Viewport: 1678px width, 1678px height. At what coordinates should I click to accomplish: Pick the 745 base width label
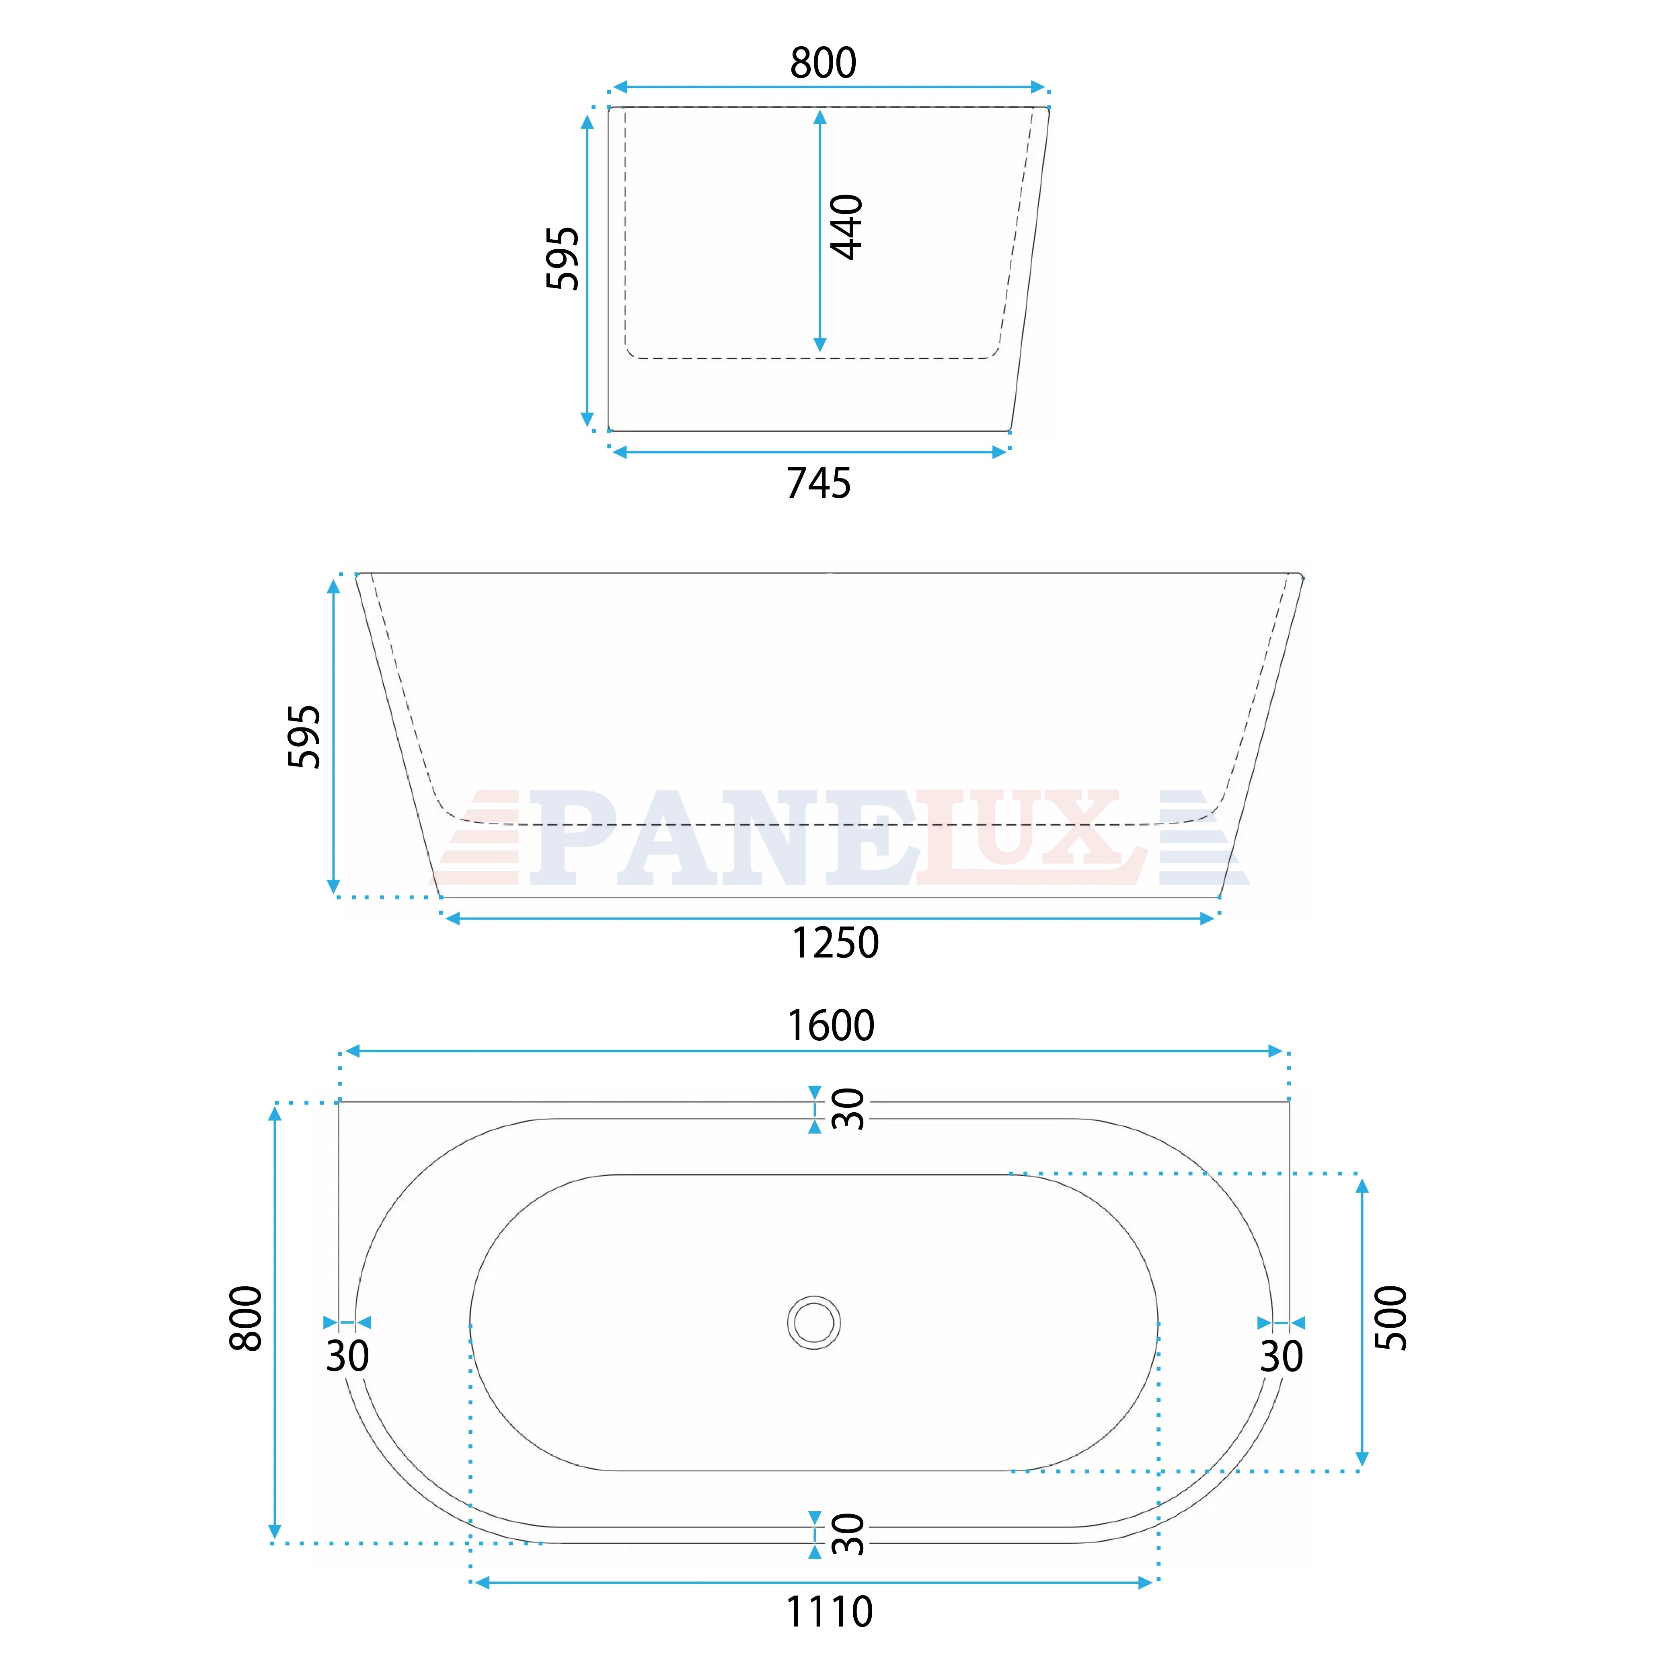[819, 483]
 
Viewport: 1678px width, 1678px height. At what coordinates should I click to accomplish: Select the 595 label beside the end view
[563, 258]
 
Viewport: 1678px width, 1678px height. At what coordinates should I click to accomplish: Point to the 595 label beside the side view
[304, 737]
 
